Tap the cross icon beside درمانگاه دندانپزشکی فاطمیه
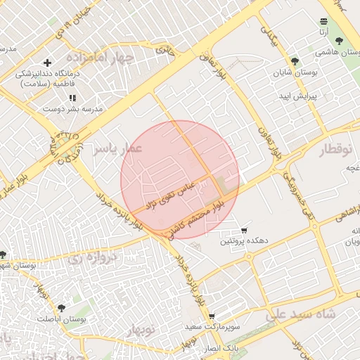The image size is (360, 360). pos(47,63)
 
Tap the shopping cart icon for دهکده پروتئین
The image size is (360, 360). pos(244,231)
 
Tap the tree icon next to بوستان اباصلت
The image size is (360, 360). pos(61,308)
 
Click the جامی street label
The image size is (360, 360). pos(165,51)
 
